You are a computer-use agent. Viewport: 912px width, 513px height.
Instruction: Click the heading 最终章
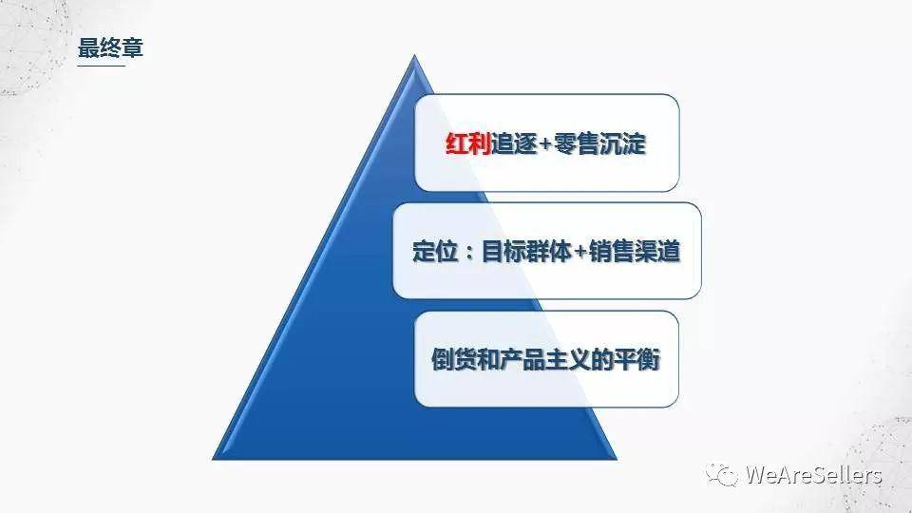click(110, 47)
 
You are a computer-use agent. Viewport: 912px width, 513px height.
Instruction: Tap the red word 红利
click(468, 143)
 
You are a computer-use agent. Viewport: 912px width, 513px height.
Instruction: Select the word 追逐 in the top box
click(514, 143)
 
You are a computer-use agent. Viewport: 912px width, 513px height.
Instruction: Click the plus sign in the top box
click(545, 143)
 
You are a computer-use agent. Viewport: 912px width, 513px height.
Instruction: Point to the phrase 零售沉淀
click(599, 143)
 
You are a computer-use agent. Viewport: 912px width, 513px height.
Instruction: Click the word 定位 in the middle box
click(435, 251)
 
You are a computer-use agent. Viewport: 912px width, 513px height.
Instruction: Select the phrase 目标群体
click(526, 251)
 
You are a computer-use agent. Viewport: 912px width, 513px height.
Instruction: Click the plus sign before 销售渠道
click(580, 252)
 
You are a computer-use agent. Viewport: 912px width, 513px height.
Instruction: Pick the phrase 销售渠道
click(635, 251)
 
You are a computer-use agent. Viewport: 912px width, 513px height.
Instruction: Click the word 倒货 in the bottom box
click(454, 359)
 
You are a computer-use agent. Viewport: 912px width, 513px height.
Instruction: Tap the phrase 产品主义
click(545, 359)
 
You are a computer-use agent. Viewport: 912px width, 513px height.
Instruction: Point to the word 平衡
click(636, 359)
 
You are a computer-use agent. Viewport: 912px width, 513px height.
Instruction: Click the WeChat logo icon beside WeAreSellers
click(722, 474)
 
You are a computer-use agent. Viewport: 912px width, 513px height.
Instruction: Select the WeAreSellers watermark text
click(814, 475)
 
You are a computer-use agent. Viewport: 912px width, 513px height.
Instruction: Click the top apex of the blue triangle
click(414, 55)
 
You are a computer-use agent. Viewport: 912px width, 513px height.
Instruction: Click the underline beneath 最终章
click(102, 66)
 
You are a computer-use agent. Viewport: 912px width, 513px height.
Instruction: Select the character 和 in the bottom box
click(488, 359)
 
